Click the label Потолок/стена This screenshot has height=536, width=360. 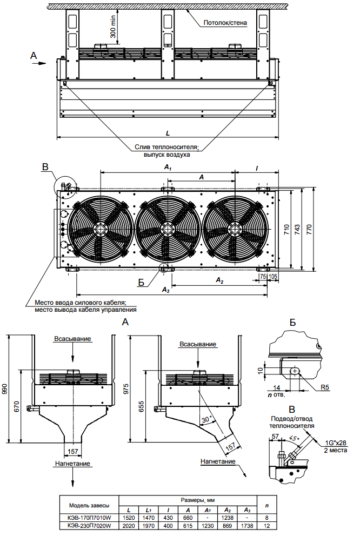[225, 23]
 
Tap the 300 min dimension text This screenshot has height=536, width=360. [113, 26]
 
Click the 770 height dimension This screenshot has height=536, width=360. [310, 229]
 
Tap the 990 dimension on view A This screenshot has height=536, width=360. [6, 389]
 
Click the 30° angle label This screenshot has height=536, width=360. [206, 420]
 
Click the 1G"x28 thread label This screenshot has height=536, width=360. [335, 443]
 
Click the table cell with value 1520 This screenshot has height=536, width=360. [129, 517]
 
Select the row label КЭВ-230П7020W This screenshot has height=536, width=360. [89, 525]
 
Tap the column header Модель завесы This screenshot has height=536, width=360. [89, 505]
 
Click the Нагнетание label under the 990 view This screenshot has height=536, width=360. [72, 464]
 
